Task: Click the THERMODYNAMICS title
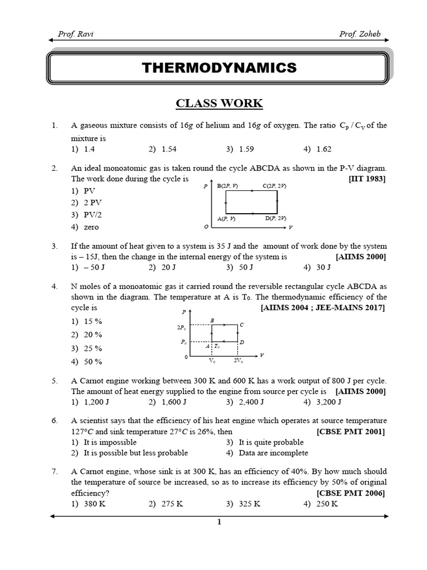click(219, 68)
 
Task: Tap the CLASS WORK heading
click(219, 104)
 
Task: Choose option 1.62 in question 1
click(324, 149)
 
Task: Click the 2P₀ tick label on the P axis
click(181, 327)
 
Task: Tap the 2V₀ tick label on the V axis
click(238, 361)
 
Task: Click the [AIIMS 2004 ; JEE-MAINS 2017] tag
click(323, 308)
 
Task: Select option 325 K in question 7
click(250, 504)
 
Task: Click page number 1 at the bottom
click(219, 522)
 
